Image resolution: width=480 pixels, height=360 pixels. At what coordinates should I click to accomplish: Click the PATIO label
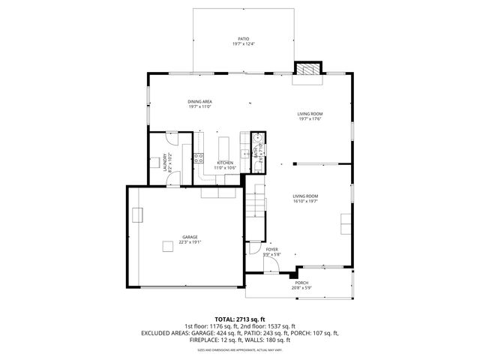[243, 38]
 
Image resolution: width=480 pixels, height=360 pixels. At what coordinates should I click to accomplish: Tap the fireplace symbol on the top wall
[306, 69]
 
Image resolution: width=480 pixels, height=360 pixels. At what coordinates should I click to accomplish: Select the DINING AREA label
[200, 101]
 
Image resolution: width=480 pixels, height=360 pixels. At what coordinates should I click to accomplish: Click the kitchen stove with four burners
[199, 157]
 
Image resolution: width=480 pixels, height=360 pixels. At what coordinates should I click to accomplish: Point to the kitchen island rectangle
[223, 145]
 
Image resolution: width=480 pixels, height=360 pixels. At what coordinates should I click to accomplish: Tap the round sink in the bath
[256, 138]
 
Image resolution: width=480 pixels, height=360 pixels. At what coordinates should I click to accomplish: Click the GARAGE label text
[189, 237]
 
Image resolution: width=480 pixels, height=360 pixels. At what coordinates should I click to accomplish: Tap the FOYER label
[271, 249]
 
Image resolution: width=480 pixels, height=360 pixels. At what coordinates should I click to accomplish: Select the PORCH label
[301, 283]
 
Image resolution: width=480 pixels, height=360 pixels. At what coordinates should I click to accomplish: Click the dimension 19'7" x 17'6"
[310, 118]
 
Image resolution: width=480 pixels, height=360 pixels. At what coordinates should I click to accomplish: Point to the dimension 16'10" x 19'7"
[305, 201]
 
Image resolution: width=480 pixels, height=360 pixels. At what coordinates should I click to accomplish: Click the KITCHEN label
[225, 163]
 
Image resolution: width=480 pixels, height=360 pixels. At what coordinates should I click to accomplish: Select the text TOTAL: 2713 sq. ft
[240, 319]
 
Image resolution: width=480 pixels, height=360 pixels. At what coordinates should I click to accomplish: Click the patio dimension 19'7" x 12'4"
[243, 44]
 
